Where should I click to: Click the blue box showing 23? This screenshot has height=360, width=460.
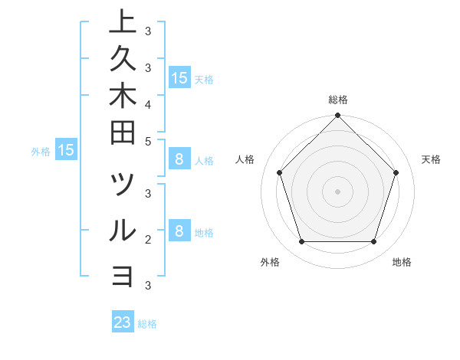(123, 322)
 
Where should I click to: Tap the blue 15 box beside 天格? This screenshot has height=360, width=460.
(179, 77)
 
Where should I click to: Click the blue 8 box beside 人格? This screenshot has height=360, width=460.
(179, 159)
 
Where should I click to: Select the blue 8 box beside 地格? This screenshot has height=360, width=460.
(179, 231)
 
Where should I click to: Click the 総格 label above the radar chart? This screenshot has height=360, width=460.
(338, 100)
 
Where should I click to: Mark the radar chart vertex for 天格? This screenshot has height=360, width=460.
(396, 172)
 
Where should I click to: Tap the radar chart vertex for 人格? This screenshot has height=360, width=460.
(280, 172)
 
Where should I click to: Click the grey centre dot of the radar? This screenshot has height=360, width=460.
(338, 191)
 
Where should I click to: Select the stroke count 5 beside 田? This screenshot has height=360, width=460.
(148, 141)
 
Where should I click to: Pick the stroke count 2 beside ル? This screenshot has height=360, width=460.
(148, 239)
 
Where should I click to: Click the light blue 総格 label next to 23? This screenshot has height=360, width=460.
(148, 324)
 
